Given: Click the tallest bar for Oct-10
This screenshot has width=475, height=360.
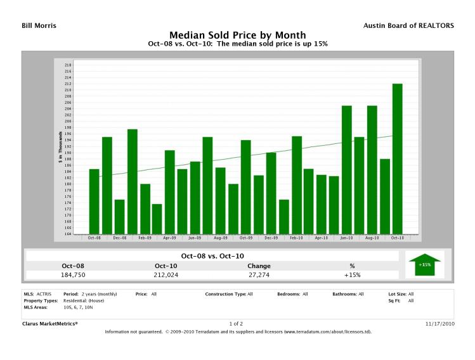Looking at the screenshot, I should click(x=397, y=158).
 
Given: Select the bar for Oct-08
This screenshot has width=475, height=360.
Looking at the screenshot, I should click(x=94, y=201).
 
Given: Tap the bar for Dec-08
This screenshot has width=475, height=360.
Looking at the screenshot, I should click(x=119, y=216).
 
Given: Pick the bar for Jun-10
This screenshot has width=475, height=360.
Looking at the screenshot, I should click(x=347, y=169).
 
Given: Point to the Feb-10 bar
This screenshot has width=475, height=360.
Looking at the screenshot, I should click(x=296, y=184).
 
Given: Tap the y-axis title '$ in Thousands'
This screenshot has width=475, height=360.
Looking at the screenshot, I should click(x=60, y=150).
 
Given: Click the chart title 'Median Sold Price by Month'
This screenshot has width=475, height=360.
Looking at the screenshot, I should click(x=237, y=35).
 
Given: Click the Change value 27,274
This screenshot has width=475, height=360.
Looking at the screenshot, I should click(x=258, y=275).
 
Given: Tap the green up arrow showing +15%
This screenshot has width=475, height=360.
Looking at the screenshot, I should click(x=424, y=263).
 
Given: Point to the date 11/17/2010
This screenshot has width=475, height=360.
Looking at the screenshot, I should click(x=439, y=324).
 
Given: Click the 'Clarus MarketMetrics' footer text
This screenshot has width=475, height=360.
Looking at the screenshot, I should click(x=50, y=324).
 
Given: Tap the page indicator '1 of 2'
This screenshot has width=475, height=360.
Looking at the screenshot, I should click(x=237, y=324).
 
